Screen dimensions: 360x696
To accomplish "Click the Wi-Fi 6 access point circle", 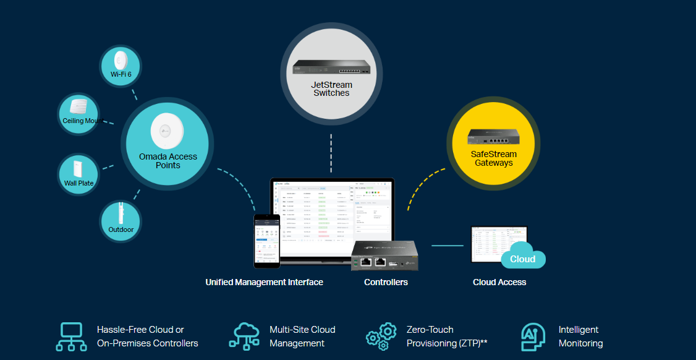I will coord(121,66).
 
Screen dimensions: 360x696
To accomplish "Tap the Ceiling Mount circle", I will coord(78,114).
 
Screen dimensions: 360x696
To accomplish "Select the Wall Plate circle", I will coord(79,174).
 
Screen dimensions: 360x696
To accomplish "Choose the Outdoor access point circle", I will coord(121,221).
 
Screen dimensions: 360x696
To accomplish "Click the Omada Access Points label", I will coord(168,161).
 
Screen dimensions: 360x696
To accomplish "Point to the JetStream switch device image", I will coord(331,67).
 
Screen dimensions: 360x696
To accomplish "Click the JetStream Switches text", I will coord(331,88).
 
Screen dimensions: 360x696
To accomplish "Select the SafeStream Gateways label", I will coord(493,158).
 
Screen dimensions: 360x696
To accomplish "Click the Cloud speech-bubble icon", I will coord(522,259).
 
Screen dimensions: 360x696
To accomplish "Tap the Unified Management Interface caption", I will coord(264,282).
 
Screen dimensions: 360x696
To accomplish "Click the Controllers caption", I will coord(386,282).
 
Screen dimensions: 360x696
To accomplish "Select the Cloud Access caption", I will coord(499,282).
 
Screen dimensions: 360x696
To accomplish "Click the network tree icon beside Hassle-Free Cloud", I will coord(72,336).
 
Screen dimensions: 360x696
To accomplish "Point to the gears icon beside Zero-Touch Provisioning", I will coord(381,336).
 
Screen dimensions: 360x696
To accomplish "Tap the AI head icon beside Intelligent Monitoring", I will coord(533,336).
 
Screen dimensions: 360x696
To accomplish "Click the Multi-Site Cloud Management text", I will coord(302,336).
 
